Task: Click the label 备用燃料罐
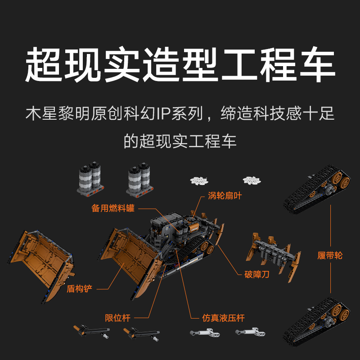tap(113, 209)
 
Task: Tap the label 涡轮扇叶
tap(225, 196)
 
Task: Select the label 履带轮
tap(330, 256)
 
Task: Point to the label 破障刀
tap(257, 274)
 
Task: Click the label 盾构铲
tap(79, 288)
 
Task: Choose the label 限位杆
tap(117, 318)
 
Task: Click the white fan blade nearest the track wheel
tap(252, 180)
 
